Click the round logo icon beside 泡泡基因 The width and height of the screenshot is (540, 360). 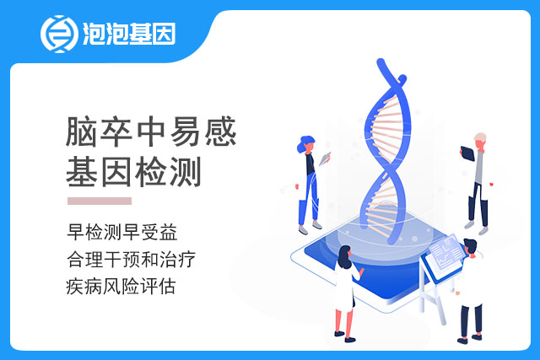pos(59,34)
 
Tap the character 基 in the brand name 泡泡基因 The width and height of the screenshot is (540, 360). pos(141,34)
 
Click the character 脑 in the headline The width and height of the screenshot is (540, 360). pos(81,132)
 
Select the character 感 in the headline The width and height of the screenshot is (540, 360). pos(220,132)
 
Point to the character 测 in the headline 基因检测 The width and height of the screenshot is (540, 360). pos(186,172)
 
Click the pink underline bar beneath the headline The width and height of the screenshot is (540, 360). pos(100,201)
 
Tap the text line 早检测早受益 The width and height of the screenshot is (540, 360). pos(122,232)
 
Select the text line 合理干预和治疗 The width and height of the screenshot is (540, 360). pos(132,259)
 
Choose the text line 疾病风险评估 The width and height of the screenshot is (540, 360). pos(121,287)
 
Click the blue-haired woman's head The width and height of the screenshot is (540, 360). pos(306,144)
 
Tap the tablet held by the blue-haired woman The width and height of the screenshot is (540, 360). pos(325,159)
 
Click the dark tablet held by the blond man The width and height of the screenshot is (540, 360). pos(467,153)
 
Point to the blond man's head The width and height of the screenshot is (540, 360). pos(480,141)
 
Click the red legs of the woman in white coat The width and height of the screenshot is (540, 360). pos(344,322)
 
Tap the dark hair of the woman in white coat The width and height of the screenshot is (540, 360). pos(344,257)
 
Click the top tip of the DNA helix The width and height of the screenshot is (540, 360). pos(381,62)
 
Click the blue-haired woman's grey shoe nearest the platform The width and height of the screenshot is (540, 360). pos(317,225)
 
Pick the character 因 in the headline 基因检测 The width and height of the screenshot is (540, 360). pos(116,172)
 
